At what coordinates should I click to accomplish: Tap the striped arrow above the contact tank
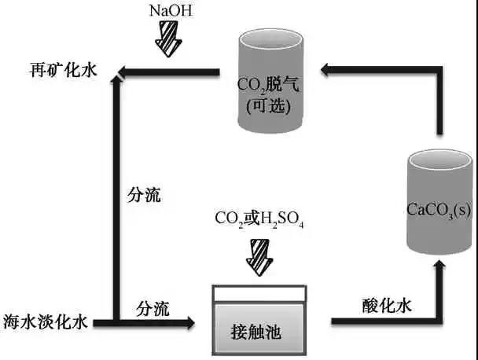pos(259,255)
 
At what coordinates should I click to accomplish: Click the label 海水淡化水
pos(48,321)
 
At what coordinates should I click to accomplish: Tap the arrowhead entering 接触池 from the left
pos(187,321)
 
